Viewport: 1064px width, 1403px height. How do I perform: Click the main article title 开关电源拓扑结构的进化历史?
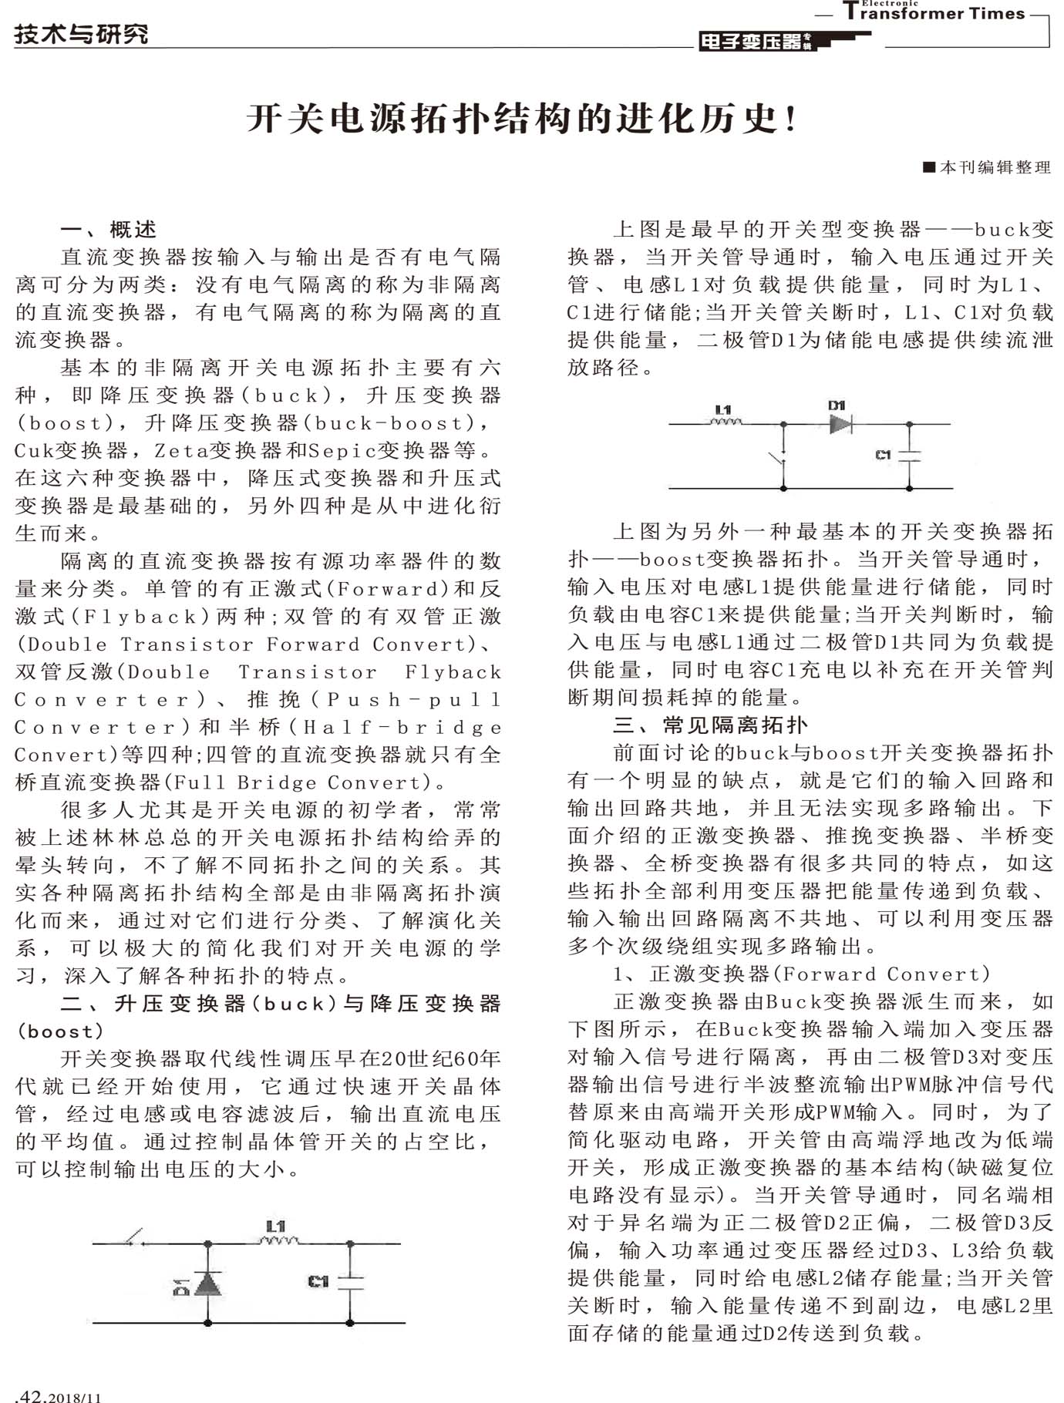pyautogui.click(x=522, y=119)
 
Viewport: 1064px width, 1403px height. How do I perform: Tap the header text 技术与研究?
pyautogui.click(x=81, y=34)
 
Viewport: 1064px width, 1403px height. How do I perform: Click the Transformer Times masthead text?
pyautogui.click(x=937, y=13)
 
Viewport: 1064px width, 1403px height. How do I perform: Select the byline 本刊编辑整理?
pyautogui.click(x=989, y=167)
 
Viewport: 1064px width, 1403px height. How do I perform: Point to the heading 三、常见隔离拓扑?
pyautogui.click(x=710, y=725)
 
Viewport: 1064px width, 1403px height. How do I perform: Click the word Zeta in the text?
pyautogui.click(x=182, y=450)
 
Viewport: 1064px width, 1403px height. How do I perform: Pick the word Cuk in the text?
pyautogui.click(x=32, y=450)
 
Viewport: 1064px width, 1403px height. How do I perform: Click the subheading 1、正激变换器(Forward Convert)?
pyautogui.click(x=802, y=974)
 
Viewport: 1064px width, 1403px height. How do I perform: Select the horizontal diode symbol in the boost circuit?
pyautogui.click(x=840, y=423)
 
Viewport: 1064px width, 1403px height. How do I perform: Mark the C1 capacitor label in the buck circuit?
pyautogui.click(x=318, y=1281)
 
